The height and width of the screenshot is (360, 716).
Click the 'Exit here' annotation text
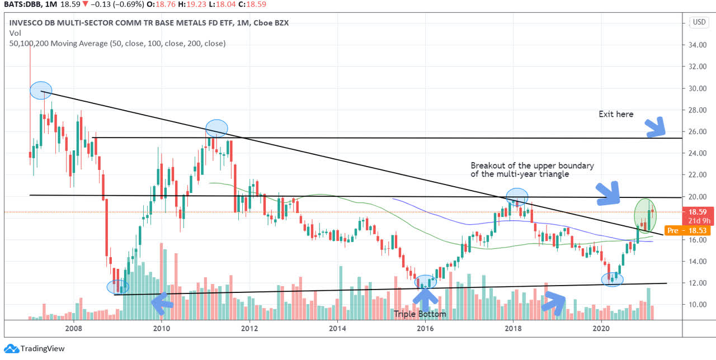(616, 114)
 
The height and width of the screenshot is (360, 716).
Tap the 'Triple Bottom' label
(420, 314)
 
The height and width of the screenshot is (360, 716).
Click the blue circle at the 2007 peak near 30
(41, 90)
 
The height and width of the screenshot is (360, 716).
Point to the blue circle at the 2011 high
(216, 129)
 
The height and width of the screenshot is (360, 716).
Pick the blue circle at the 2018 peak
(517, 196)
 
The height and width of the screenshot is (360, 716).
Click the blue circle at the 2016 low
(426, 282)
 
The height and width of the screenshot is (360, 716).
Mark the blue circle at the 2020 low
(612, 279)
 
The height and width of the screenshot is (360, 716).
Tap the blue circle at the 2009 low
(118, 287)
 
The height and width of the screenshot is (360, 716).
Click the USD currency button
(699, 22)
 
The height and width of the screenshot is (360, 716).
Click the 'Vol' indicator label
(15, 33)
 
